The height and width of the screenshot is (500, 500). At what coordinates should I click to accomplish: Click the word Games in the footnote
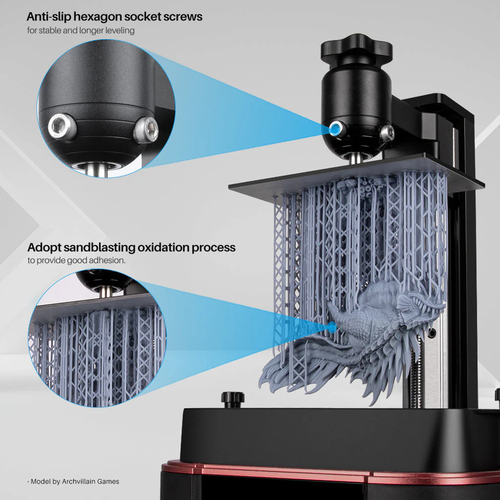[109, 481]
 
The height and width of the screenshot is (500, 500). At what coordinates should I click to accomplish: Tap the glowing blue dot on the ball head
[335, 129]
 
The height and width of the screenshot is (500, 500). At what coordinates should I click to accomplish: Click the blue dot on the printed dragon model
[333, 326]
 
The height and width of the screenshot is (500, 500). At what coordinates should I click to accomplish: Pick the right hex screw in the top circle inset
[146, 129]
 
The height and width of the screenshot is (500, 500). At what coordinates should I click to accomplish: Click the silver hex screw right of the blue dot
[387, 132]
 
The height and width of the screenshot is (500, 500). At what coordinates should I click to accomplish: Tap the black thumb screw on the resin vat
[232, 398]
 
